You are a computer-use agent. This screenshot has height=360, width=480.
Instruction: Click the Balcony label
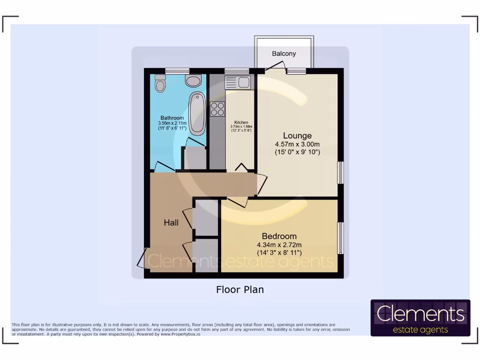pyautogui.click(x=284, y=53)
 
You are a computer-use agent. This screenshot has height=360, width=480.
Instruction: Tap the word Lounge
pyautogui.click(x=297, y=136)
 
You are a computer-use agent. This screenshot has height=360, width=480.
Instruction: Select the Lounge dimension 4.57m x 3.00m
pyautogui.click(x=297, y=144)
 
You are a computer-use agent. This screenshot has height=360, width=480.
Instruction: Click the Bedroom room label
pyautogui.click(x=279, y=236)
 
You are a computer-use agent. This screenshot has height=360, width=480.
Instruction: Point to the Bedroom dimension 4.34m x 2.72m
pyautogui.click(x=279, y=245)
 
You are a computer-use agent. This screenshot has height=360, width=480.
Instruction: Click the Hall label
pyautogui.click(x=171, y=223)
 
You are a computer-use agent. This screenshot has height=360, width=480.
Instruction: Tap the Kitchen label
pyautogui.click(x=241, y=122)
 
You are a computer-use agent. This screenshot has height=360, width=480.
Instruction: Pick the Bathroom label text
pyautogui.click(x=172, y=118)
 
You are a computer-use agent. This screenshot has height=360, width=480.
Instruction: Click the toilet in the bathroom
pyautogui.click(x=160, y=83)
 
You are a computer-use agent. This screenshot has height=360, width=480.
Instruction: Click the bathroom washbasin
pyautogui.click(x=193, y=81)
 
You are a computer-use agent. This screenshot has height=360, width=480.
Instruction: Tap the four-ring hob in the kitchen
pyautogui.click(x=217, y=109)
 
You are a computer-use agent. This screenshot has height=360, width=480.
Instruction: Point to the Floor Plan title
pyautogui.click(x=240, y=290)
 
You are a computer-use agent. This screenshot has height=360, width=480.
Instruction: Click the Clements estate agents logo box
pyautogui.click(x=420, y=318)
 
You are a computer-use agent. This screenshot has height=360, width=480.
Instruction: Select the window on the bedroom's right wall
pyautogui.click(x=341, y=238)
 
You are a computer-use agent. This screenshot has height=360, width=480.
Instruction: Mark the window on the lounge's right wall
pyautogui.click(x=341, y=172)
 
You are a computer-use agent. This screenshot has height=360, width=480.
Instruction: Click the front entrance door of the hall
pyautogui.click(x=142, y=258)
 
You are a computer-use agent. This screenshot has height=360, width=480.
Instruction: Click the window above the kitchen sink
pyautogui.click(x=237, y=71)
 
